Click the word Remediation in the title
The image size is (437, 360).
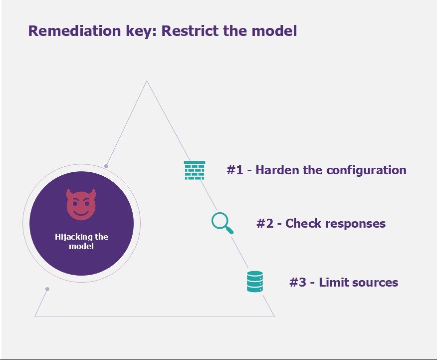pyautogui.click(x=75, y=30)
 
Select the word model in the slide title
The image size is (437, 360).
pyautogui.click(x=274, y=30)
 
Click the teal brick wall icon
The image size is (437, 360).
pyautogui.click(x=195, y=170)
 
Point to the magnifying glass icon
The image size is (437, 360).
pyautogui.click(x=222, y=223)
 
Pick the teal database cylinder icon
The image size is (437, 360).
pyautogui.click(x=255, y=282)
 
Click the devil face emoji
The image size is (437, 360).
pyautogui.click(x=81, y=204)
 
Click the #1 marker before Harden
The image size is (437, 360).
pyautogui.click(x=235, y=170)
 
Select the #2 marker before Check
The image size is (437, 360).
pyautogui.click(x=265, y=223)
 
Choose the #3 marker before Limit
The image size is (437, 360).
pyautogui.click(x=298, y=282)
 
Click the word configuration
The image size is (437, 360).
pyautogui.click(x=366, y=170)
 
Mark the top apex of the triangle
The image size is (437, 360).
pyautogui.click(x=147, y=81)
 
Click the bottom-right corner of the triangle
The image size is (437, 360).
pyautogui.click(x=274, y=317)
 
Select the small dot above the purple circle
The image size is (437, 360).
pyautogui.click(x=106, y=166)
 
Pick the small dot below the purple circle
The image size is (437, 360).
pyautogui.click(x=47, y=289)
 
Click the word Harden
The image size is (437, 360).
pyautogui.click(x=277, y=170)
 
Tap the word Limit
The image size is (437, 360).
pyautogui.click(x=334, y=282)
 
